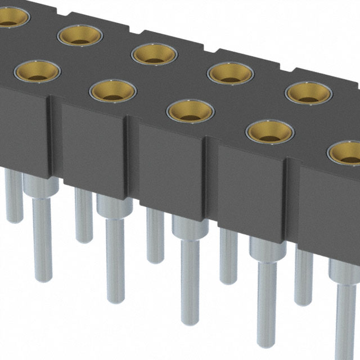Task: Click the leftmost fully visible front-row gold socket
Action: tap(37, 72)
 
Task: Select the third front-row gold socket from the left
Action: tap(190, 110)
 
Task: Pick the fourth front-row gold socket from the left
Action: tap(270, 132)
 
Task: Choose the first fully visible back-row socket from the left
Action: tap(80, 36)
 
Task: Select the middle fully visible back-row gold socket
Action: tap(154, 54)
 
